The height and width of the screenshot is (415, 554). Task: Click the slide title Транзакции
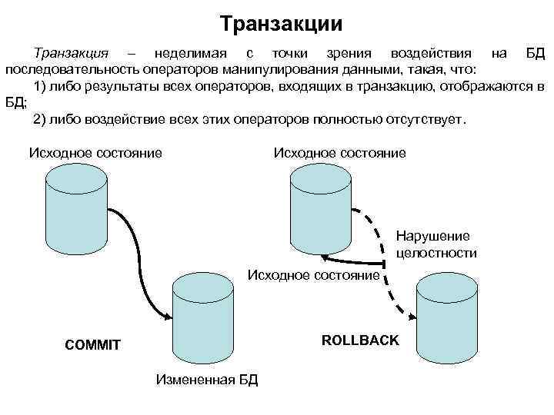point(280,23)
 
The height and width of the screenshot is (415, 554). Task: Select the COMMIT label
point(92,345)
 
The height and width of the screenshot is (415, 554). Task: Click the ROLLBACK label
point(360,340)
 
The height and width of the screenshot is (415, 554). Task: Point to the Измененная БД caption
point(207,379)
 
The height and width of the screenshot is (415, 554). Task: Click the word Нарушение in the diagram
point(433,237)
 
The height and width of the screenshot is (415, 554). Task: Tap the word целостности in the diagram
point(436,253)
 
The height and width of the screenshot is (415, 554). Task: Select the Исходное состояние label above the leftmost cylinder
point(95,152)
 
